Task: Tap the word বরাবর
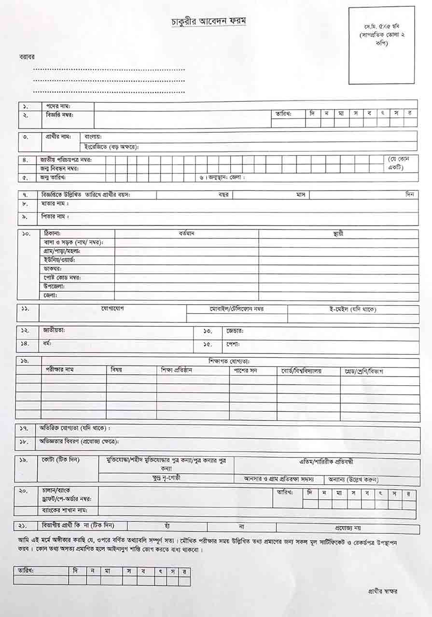pos(26,57)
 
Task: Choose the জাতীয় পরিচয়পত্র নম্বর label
pos(66,159)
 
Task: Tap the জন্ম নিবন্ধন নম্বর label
pos(60,168)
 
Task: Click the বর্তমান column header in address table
pos(186,233)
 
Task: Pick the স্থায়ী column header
pos(338,234)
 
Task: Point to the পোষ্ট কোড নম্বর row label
pos(62,278)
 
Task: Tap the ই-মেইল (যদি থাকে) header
pos(353,309)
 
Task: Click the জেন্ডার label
pos(235,331)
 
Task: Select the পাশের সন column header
pos(252,371)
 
